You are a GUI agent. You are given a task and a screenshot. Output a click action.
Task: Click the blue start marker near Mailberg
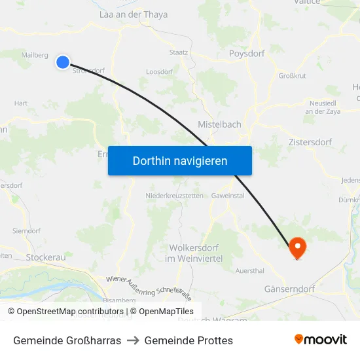[x=63, y=62]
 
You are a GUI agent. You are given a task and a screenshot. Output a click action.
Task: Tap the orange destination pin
[x=297, y=247]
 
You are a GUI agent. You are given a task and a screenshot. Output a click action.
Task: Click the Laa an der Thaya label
[x=133, y=14]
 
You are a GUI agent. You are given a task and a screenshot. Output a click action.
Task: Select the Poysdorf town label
[x=247, y=54]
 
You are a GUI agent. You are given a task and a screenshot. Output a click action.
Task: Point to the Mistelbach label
[x=219, y=124]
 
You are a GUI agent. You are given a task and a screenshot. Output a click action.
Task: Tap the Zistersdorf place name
[x=310, y=142]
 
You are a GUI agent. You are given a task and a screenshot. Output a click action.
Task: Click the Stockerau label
[x=46, y=257]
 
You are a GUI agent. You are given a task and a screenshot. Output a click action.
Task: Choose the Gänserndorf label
[x=289, y=289]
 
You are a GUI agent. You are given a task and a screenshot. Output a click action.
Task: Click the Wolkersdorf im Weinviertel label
[x=196, y=253]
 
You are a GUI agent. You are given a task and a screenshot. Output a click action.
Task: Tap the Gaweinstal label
[x=228, y=196]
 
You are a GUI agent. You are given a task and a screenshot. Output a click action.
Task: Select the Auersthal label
[x=249, y=270]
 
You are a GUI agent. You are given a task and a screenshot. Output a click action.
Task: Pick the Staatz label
[x=179, y=52]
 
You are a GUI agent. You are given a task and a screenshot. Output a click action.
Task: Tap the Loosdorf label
[x=159, y=71]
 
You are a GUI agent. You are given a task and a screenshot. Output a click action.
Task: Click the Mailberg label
[x=35, y=55]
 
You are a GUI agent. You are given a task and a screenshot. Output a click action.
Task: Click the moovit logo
[x=321, y=340]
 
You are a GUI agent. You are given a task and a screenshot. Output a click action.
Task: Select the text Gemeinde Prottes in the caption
[x=189, y=340]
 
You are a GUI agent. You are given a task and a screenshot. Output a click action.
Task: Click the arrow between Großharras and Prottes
[x=133, y=340]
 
